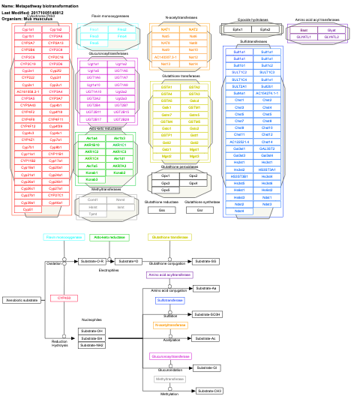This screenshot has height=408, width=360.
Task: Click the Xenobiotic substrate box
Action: (x=22, y=300)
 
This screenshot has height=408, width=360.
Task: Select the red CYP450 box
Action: (x=64, y=298)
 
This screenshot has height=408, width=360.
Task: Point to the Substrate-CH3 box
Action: (x=208, y=391)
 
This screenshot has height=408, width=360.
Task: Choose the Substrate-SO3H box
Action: (x=208, y=314)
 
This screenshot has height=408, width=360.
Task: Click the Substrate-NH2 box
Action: (x=92, y=345)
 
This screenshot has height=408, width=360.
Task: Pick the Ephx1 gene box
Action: (x=238, y=29)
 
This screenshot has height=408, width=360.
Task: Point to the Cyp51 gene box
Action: (x=28, y=209)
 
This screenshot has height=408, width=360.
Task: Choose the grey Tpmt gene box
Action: (x=92, y=214)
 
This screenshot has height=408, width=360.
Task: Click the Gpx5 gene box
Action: (x=166, y=190)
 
